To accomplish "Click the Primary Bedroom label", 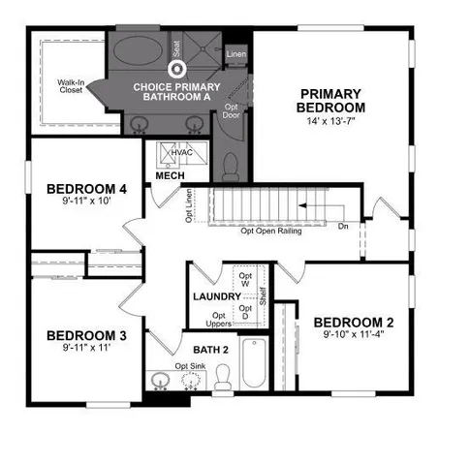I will click(329, 99).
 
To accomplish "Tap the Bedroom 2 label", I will click(353, 323).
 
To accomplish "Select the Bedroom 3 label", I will click(86, 336).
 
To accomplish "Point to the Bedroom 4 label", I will click(86, 189).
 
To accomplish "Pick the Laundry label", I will click(216, 296).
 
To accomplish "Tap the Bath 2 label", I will click(211, 350).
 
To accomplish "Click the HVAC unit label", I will click(182, 154).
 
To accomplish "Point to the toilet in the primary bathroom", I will click(230, 167).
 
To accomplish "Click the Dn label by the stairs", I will click(344, 227).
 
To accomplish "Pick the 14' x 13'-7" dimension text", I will click(329, 121).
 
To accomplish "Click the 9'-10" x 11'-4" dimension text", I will click(353, 338).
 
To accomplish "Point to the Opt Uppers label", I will click(220, 320).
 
